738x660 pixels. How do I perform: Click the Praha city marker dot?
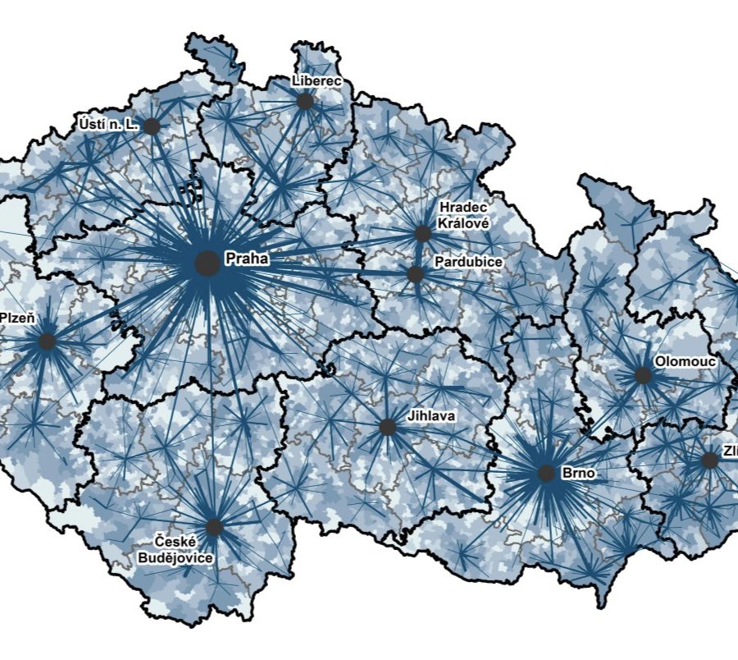(208, 264)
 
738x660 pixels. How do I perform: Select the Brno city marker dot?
(546, 474)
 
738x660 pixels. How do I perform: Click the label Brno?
(579, 474)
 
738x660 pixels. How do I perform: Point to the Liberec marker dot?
(305, 101)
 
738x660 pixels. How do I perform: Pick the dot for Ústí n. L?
(151, 126)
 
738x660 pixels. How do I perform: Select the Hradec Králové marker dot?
(422, 233)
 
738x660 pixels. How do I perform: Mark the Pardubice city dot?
(415, 274)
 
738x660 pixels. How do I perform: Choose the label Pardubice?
(470, 261)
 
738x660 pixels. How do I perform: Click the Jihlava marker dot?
(387, 427)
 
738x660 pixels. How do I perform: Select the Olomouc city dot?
(643, 375)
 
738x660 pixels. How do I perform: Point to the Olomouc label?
(686, 361)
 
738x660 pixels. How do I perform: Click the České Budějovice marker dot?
(214, 527)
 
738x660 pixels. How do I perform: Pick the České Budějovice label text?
(184, 549)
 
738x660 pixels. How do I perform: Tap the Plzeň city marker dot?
(47, 341)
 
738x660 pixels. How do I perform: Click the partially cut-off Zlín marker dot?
(709, 461)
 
